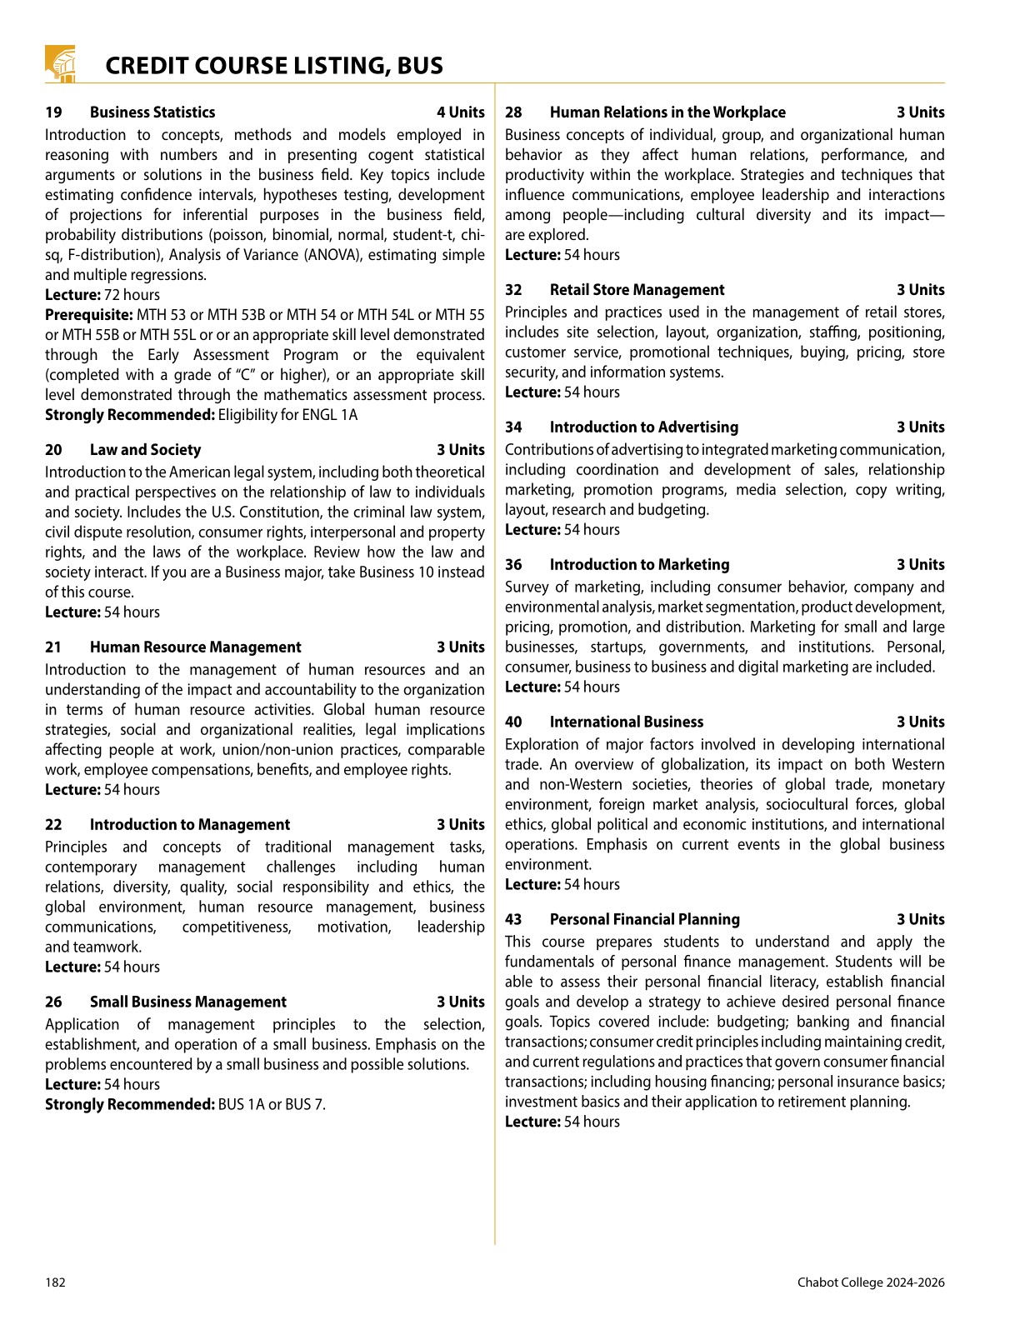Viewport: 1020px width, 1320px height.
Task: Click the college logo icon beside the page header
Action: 60,64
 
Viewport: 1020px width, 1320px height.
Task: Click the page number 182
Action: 55,1282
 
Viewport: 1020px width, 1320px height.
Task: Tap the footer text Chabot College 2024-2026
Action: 871,1282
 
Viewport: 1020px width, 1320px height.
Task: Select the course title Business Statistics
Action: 152,112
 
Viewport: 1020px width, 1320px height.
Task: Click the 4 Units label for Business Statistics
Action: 460,112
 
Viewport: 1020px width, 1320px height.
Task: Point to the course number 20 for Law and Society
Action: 53,450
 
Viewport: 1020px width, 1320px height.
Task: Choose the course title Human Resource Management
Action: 196,647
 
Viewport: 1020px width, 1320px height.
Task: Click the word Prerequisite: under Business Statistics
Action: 89,315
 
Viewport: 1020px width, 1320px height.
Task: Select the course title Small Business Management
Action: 188,1002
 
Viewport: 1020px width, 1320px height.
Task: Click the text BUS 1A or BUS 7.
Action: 272,1105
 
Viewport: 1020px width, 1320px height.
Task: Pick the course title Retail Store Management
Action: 637,290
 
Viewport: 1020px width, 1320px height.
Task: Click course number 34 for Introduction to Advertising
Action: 513,427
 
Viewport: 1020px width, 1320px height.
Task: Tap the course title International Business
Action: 627,722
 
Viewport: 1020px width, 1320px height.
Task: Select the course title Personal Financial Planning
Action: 644,920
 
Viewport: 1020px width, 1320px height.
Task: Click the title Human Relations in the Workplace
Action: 667,112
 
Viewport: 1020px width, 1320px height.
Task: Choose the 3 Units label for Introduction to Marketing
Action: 920,565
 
